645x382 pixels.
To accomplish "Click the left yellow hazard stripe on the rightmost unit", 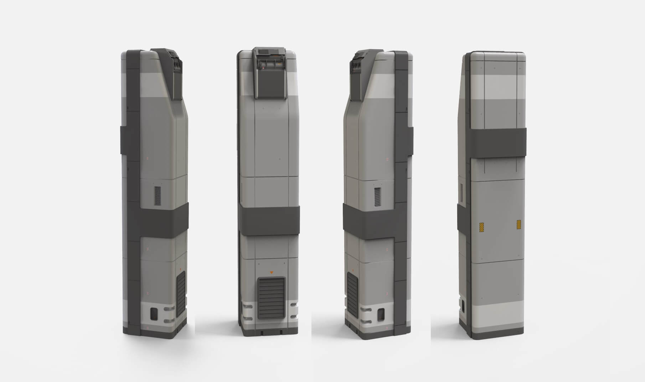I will pyautogui.click(x=481, y=226).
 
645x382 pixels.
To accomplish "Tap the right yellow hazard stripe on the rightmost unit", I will pyautogui.click(x=519, y=224).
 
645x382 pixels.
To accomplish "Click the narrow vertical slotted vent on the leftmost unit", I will pyautogui.click(x=158, y=195).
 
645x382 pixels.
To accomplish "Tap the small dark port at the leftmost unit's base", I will pyautogui.click(x=154, y=314).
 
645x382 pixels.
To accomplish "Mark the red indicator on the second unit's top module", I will pyautogui.click(x=264, y=66).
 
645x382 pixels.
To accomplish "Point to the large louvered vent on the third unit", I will pyautogui.click(x=352, y=293).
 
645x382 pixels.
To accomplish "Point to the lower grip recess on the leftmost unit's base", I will pyautogui.click(x=167, y=321).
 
